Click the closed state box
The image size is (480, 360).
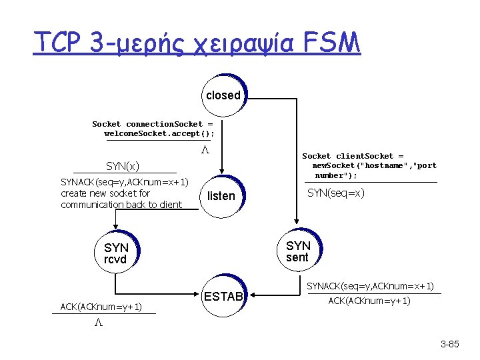[x=223, y=95]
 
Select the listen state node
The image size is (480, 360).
[x=221, y=196]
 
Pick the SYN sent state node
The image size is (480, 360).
[x=298, y=251]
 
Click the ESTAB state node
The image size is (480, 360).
[x=223, y=296]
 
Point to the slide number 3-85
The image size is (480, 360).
[x=450, y=345]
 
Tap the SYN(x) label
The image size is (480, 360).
[x=123, y=165]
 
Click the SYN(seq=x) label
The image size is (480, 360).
[x=335, y=193]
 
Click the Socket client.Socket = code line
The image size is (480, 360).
[x=353, y=156]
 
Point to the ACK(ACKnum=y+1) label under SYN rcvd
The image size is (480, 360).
[x=100, y=307]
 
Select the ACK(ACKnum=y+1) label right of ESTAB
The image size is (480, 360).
[x=369, y=301]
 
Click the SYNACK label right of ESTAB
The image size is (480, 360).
[x=370, y=286]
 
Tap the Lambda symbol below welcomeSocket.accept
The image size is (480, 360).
[x=206, y=151]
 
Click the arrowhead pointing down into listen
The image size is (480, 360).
[x=222, y=172]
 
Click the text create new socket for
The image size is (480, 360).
[x=105, y=193]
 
